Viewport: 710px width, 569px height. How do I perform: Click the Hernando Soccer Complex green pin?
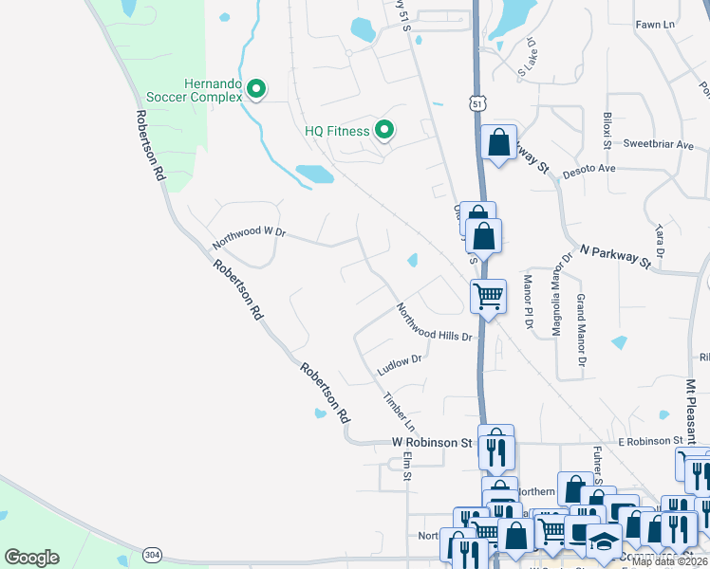coord(255,90)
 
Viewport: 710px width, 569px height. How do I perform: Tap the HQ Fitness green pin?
coord(384,130)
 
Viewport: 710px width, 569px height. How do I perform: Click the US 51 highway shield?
coord(476,102)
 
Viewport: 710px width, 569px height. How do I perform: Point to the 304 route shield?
coord(152,553)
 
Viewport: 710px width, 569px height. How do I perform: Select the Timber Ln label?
coord(399,406)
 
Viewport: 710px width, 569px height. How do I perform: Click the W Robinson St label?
coord(432,442)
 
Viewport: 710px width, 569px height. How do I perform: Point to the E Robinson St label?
coord(650,441)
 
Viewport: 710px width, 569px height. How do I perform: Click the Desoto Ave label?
coord(589,169)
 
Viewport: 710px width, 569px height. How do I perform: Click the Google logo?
coord(31,558)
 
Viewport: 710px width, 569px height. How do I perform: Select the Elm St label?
coord(406,465)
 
